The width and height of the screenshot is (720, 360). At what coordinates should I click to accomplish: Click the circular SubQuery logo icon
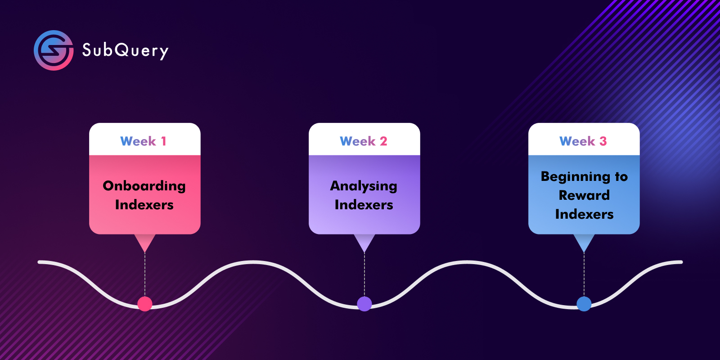tap(54, 50)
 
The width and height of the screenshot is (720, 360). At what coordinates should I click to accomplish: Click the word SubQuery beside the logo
tap(126, 51)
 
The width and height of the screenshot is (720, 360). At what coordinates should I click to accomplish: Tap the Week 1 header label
tap(144, 141)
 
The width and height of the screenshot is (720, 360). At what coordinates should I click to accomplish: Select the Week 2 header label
tap(364, 141)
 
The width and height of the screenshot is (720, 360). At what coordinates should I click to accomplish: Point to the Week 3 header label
tap(583, 141)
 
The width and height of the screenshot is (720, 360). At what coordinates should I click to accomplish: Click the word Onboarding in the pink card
tap(144, 186)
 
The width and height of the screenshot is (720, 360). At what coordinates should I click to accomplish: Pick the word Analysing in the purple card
tap(364, 186)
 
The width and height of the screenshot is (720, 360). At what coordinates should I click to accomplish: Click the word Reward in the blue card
tap(584, 195)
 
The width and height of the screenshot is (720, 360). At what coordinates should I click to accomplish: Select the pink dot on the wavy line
tap(144, 304)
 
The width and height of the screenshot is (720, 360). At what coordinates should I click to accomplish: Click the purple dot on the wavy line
tap(364, 304)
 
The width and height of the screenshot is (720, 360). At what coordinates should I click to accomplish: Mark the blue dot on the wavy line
tap(584, 304)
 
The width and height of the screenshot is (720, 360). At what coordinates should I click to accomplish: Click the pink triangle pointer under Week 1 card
tap(144, 242)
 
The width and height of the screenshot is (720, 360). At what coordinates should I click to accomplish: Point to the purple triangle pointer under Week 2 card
tap(364, 242)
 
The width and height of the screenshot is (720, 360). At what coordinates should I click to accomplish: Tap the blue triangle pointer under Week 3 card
tap(584, 242)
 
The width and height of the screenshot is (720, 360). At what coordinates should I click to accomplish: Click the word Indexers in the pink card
tap(144, 205)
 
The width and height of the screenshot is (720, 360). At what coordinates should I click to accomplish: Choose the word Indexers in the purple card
tap(364, 205)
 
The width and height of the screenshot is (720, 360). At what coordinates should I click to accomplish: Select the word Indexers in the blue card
tap(585, 214)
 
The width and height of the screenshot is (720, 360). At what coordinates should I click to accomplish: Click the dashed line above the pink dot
tap(144, 274)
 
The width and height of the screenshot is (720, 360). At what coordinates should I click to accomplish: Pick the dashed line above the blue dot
tap(584, 274)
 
